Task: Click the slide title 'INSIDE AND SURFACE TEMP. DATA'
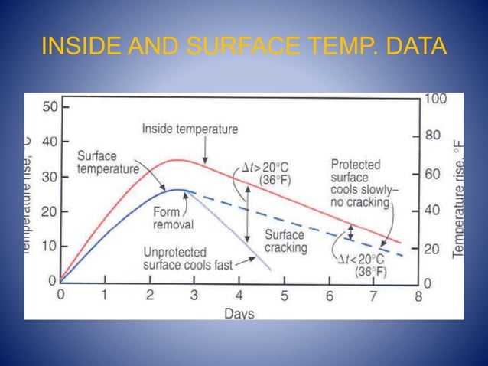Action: click(x=243, y=47)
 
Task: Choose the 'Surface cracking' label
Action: click(x=285, y=241)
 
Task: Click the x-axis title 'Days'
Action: click(x=239, y=313)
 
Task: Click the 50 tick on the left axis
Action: click(x=49, y=107)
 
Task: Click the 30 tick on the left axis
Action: click(x=49, y=177)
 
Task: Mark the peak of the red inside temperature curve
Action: click(x=177, y=160)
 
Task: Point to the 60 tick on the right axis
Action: click(x=434, y=174)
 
